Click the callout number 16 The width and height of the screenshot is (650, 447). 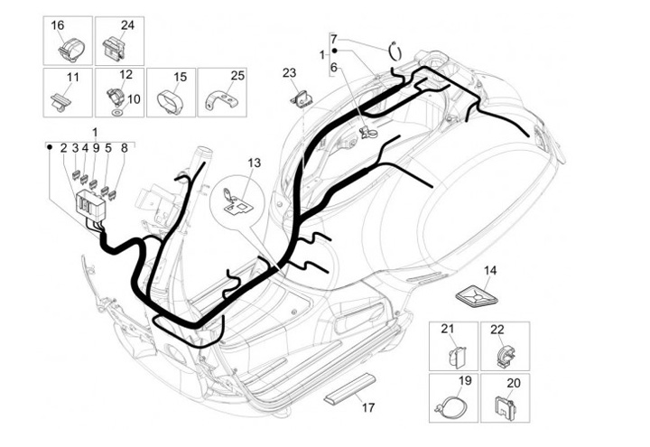(58, 25)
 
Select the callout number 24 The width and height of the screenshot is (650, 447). (127, 25)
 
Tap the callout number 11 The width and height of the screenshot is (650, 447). (73, 77)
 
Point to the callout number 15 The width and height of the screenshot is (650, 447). (180, 77)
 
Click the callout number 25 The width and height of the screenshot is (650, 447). (237, 76)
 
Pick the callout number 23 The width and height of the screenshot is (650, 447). (289, 72)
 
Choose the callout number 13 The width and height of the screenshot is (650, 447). (254, 163)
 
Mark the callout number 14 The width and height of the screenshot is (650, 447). (490, 270)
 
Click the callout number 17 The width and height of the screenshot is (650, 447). (367, 407)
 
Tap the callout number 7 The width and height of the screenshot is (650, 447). (333, 39)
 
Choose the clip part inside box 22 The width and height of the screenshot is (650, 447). (502, 355)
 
